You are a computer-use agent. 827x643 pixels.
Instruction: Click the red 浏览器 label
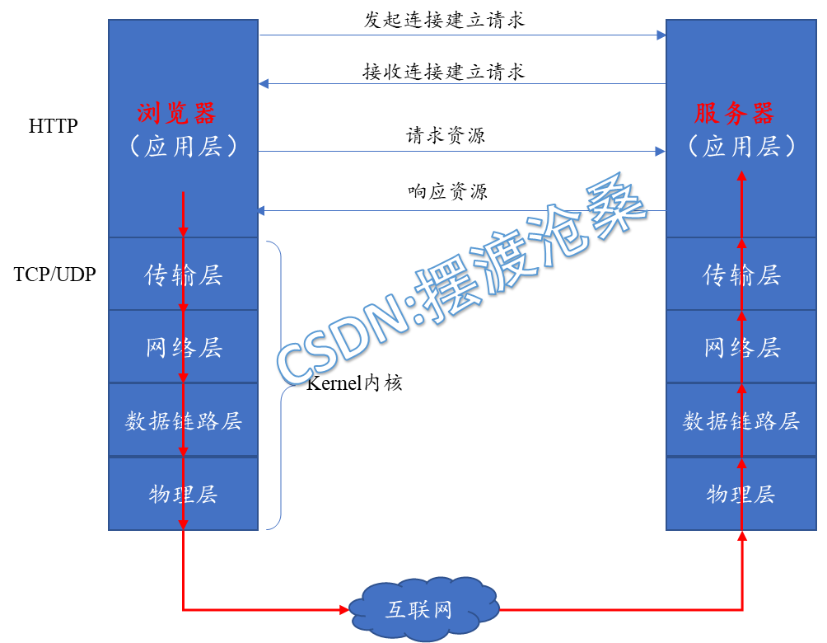click(x=176, y=113)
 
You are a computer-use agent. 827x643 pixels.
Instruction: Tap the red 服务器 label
click(x=734, y=113)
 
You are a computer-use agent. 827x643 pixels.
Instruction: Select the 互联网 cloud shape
click(x=423, y=610)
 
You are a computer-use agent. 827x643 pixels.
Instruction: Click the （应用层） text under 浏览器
click(x=183, y=147)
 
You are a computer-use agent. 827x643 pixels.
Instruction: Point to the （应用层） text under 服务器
click(x=741, y=147)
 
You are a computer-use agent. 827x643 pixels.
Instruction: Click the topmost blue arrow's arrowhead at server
click(x=661, y=35)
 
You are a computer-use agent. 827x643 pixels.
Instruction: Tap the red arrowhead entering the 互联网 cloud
click(x=344, y=610)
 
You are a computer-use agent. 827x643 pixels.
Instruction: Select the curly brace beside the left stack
click(x=275, y=385)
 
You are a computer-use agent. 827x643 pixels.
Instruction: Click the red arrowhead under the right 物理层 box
click(x=742, y=536)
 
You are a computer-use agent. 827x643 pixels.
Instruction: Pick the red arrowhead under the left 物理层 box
click(x=183, y=525)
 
